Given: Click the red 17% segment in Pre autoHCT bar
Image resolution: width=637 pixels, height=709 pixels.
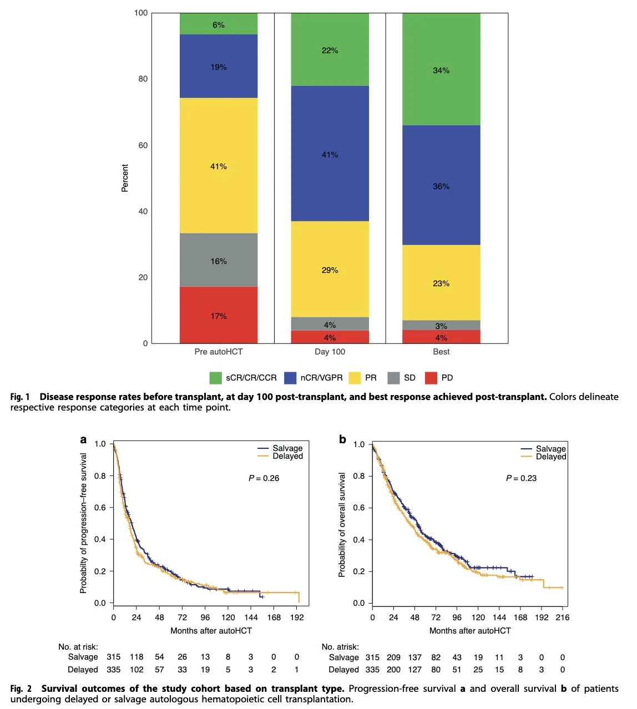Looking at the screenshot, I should point(218,315).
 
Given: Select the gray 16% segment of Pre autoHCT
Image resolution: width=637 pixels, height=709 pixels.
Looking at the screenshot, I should point(218,260).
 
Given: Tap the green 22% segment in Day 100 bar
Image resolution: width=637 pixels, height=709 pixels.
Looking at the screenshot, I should point(330,50).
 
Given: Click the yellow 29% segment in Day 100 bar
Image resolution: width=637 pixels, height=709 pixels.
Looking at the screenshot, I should point(330,270).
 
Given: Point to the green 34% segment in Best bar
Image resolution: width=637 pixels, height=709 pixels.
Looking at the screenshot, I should point(441,70).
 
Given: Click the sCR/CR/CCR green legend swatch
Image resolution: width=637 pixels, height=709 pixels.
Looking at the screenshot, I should point(215,378).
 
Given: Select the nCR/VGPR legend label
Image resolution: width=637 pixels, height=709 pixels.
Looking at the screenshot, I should point(321,378).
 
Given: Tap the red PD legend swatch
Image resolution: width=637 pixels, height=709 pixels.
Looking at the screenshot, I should point(431,378).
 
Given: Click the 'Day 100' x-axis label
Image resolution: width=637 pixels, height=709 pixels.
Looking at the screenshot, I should point(330,352).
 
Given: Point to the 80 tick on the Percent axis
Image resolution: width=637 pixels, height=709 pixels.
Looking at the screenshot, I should point(143,79).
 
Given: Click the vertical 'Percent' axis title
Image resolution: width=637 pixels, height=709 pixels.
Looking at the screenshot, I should point(125,178).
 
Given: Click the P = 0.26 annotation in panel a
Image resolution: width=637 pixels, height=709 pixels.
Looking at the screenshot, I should point(264,478).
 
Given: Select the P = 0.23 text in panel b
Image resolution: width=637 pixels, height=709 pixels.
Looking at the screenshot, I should point(521,478).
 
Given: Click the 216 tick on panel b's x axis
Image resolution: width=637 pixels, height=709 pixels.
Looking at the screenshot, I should point(563,617).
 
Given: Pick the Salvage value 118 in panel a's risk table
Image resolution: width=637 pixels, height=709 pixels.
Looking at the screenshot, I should point(136,657).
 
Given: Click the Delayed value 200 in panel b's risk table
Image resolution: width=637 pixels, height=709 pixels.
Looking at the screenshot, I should point(393,670).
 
